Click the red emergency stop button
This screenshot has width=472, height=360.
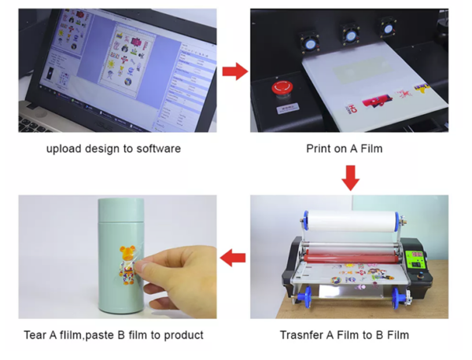click(x=282, y=87)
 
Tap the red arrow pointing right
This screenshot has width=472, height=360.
click(x=235, y=72)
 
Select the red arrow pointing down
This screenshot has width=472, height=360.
click(x=350, y=178)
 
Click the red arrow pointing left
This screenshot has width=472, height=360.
click(x=233, y=258)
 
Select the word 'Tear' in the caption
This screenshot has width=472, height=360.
click(x=35, y=335)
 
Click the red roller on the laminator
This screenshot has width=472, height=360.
click(x=350, y=258)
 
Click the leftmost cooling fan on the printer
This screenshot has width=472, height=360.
click(x=309, y=43)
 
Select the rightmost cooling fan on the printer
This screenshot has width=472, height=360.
click(x=388, y=28)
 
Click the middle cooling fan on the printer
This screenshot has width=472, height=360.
click(x=350, y=36)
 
